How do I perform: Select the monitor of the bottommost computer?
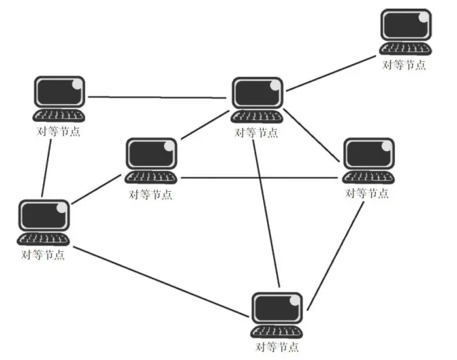[277, 308]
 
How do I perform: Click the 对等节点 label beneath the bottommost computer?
[277, 348]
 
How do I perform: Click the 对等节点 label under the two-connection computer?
[59, 131]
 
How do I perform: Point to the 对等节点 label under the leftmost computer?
[44, 255]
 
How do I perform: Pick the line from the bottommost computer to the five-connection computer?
[266, 211]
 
